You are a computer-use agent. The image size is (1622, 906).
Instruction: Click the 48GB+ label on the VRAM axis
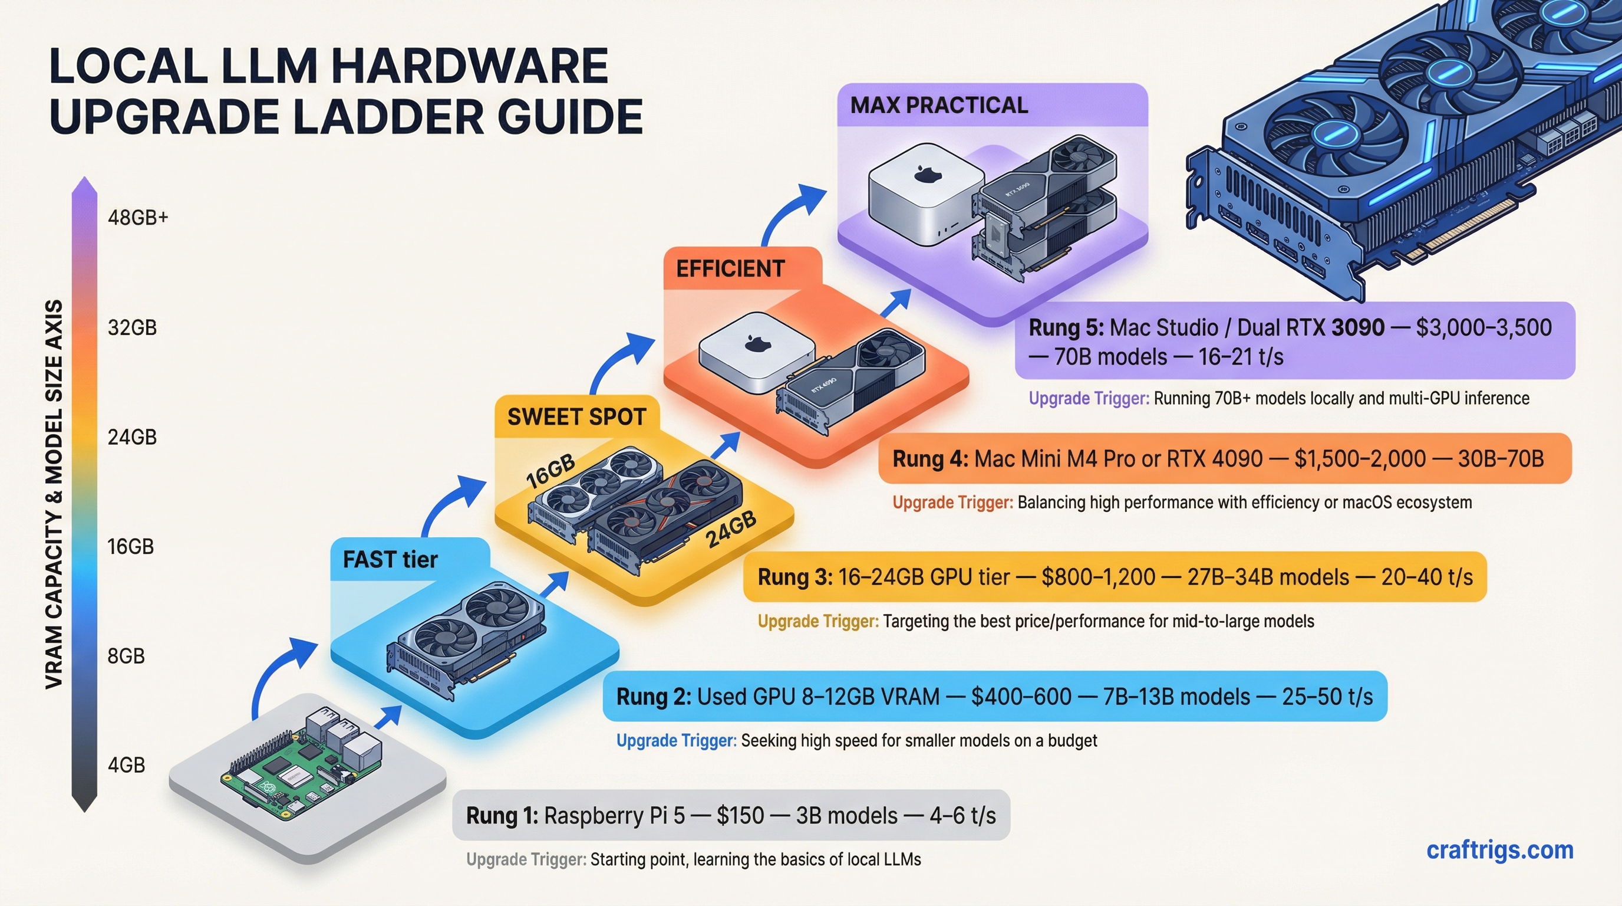(x=138, y=218)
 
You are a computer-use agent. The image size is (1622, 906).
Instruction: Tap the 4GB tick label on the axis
(x=126, y=765)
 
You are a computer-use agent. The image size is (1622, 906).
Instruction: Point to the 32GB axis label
(x=131, y=327)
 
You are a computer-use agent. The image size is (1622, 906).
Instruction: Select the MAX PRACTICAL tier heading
(x=939, y=105)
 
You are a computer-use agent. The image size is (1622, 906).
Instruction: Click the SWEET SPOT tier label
(x=576, y=416)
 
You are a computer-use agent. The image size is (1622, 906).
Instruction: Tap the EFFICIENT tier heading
(x=730, y=269)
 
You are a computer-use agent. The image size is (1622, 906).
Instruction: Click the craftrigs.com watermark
(x=1499, y=850)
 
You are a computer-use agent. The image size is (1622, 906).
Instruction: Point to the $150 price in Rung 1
(x=740, y=816)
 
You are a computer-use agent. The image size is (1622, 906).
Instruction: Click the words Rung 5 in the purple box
(x=1066, y=327)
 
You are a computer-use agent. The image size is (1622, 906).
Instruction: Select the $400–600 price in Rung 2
(x=1021, y=697)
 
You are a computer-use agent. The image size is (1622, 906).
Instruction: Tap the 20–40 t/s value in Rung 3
(x=1426, y=577)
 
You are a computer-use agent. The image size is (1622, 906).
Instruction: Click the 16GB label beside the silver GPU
(x=550, y=471)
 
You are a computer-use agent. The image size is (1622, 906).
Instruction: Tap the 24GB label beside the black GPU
(x=730, y=529)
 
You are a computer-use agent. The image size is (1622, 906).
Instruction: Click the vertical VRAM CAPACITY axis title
(x=54, y=494)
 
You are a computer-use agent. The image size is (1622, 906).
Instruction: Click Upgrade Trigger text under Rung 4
(x=952, y=503)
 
